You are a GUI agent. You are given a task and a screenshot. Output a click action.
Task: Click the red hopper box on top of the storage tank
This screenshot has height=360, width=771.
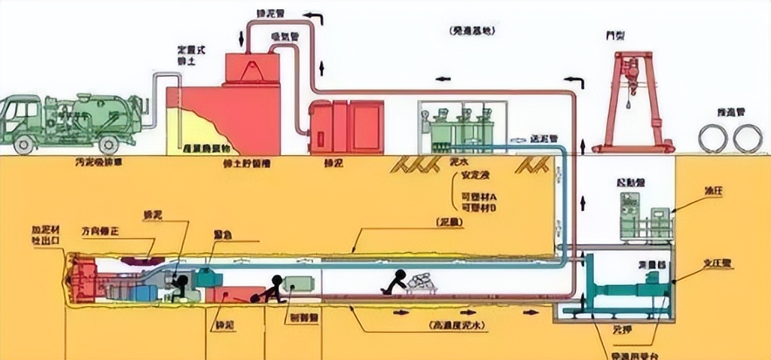[251, 69]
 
